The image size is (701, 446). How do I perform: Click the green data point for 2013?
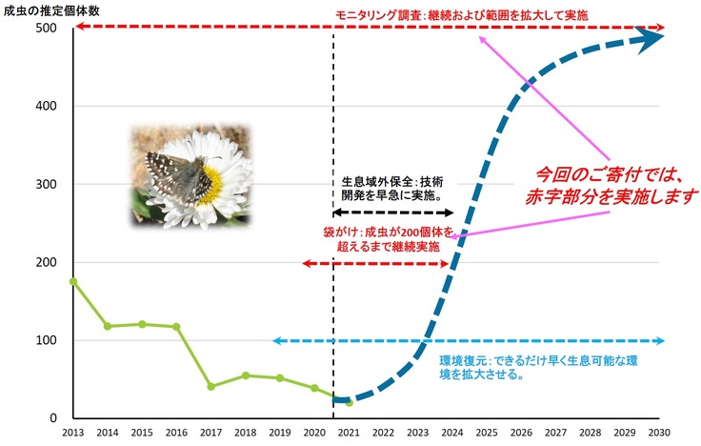(x=73, y=281)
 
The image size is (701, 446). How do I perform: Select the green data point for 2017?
(x=210, y=387)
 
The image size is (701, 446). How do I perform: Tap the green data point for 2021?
(x=349, y=403)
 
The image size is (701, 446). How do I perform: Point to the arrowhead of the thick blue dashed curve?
(x=652, y=36)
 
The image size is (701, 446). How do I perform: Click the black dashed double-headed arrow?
(x=391, y=212)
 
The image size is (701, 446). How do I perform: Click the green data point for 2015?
(x=142, y=324)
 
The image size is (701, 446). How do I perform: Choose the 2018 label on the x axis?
(x=246, y=432)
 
